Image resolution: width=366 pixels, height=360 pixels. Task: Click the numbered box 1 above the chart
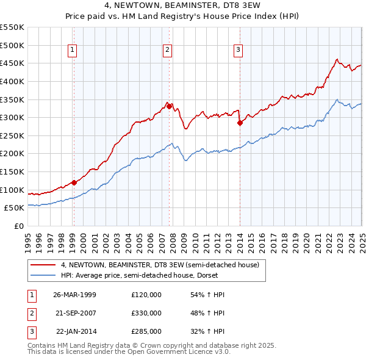coord(73,51)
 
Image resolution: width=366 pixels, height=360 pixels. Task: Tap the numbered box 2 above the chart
coord(167,51)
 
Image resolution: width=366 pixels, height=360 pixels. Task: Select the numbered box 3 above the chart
coord(238,51)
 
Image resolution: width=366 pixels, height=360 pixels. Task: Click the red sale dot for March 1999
coord(74,182)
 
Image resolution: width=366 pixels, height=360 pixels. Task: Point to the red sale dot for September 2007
coord(169,106)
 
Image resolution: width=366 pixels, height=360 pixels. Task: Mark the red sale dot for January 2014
coord(240,122)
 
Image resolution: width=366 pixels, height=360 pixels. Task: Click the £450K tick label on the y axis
coord(12,63)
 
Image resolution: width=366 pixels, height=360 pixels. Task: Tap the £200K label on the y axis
coord(12,153)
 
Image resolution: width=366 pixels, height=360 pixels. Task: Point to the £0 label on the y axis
coord(18,226)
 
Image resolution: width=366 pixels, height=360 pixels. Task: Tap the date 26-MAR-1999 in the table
coord(75,295)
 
